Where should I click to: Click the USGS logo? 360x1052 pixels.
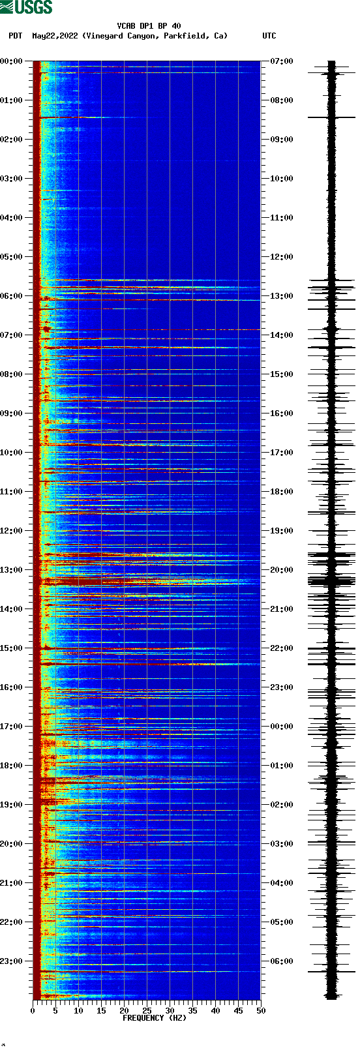26,7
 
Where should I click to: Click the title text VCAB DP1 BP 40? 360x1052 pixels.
149,26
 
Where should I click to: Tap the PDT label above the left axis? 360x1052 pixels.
15,36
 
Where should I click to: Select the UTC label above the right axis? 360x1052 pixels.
269,36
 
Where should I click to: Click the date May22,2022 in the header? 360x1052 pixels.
55,36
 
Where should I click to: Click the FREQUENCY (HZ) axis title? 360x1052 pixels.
155,1018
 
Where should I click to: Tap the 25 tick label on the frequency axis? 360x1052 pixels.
147,1011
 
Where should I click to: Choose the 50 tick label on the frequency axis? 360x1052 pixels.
261,1011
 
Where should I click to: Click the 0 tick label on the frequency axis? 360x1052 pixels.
33,1011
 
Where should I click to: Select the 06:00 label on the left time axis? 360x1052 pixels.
11,296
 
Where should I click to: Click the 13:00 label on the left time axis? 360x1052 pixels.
11,570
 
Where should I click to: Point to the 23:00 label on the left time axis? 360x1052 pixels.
11,961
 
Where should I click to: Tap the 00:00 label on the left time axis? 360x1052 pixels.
11,61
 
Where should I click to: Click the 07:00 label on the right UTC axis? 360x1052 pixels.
282,61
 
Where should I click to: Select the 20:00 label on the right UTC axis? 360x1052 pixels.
282,570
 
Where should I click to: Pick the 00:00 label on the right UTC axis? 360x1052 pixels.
282,727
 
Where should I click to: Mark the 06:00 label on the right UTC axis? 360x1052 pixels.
282,961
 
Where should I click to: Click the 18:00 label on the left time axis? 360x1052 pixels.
11,766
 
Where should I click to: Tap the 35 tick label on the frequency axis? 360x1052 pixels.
192,1011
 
